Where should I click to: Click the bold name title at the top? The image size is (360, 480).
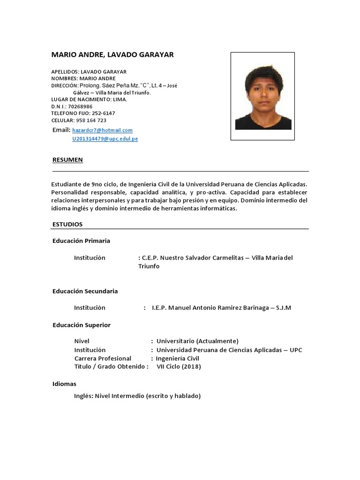pyautogui.click(x=112, y=55)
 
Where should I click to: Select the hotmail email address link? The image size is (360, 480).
pyautogui.click(x=102, y=130)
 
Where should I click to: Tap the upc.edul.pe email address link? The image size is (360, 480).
pyautogui.click(x=105, y=139)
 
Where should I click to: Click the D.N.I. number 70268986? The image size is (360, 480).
pyautogui.click(x=80, y=106)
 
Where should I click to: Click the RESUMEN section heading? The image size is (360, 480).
pyautogui.click(x=67, y=160)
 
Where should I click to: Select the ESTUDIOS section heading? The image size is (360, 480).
pyautogui.click(x=67, y=225)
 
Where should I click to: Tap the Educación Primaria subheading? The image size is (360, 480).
pyautogui.click(x=81, y=241)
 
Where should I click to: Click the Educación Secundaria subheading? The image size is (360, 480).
pyautogui.click(x=85, y=291)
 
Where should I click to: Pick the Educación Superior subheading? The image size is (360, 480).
pyautogui.click(x=81, y=325)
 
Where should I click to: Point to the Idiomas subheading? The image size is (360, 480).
pyautogui.click(x=64, y=384)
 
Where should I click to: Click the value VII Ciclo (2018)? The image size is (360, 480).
pyautogui.click(x=179, y=367)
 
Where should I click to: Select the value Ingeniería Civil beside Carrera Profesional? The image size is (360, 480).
pyautogui.click(x=178, y=359)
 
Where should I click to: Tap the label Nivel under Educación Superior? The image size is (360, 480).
pyautogui.click(x=82, y=341)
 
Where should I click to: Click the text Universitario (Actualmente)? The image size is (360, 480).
pyautogui.click(x=197, y=341)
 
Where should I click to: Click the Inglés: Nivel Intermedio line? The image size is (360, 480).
pyautogui.click(x=137, y=396)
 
